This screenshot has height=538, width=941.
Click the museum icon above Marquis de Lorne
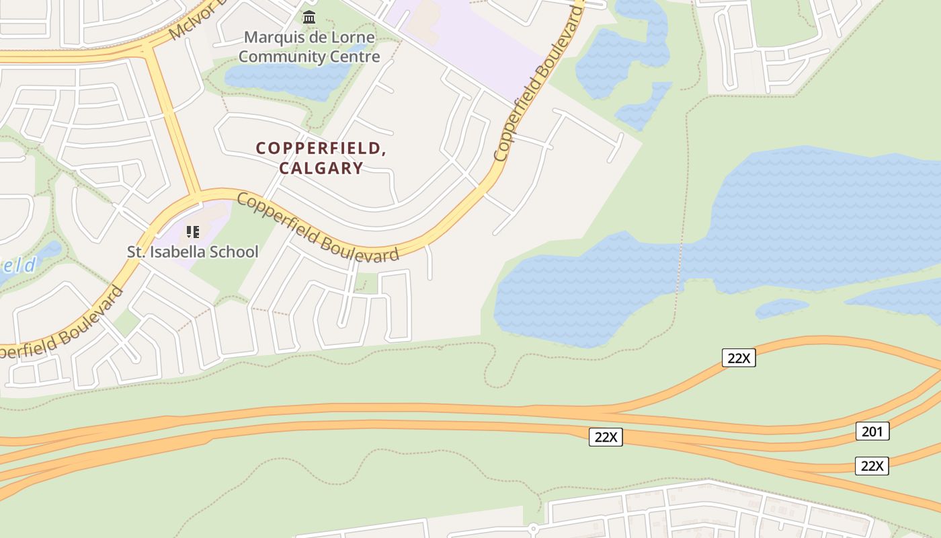[x=309, y=17]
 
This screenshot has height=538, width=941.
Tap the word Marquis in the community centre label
[x=268, y=38]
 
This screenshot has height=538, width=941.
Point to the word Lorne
[x=352, y=38]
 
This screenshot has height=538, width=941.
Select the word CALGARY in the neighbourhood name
[x=321, y=168]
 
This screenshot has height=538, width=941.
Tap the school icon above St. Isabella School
[x=193, y=233]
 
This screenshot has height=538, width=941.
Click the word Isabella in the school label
[x=182, y=252]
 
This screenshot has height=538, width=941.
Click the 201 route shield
[x=872, y=431]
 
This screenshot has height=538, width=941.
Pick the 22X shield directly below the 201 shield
[x=872, y=466]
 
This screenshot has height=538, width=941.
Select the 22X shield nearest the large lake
[x=739, y=358]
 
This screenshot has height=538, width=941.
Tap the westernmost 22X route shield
[x=606, y=437]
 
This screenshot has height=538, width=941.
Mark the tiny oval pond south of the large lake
[x=782, y=308]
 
